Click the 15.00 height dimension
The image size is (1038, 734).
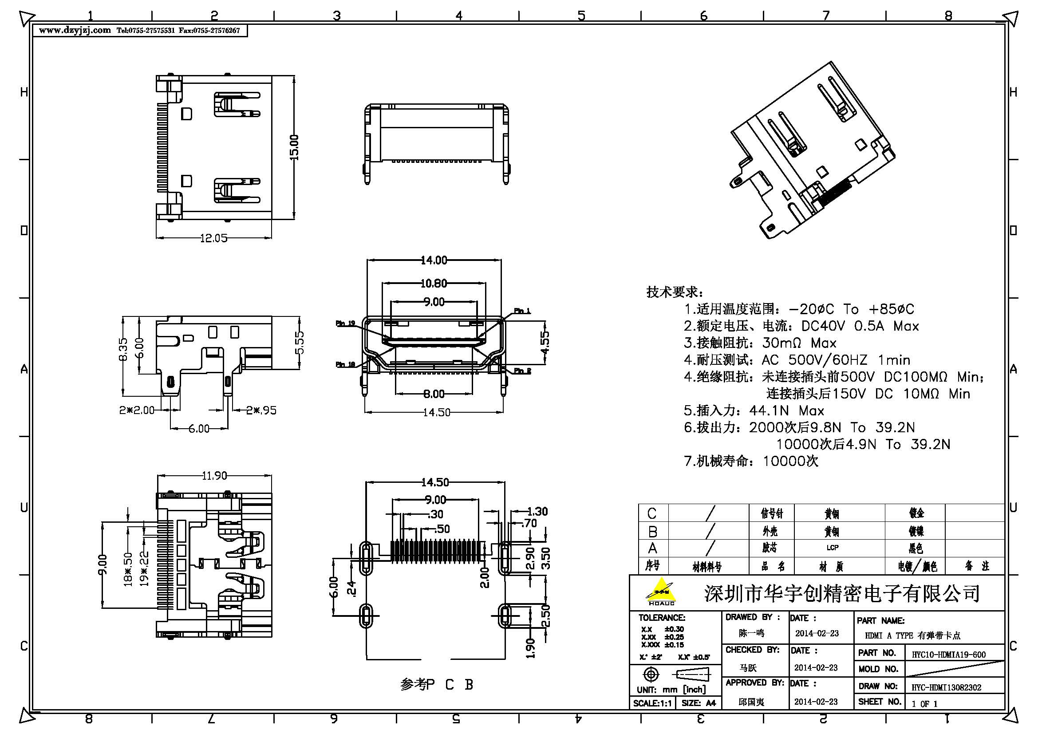click(294, 147)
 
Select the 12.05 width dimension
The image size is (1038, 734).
click(213, 238)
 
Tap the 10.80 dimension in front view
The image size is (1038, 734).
click(434, 284)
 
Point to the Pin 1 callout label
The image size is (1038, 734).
click(522, 311)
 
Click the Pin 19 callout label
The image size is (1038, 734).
click(345, 323)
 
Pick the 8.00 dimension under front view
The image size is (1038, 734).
click(434, 394)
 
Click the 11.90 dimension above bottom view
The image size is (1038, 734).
click(214, 475)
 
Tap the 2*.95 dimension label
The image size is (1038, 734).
click(261, 410)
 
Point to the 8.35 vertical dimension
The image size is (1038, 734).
click(123, 349)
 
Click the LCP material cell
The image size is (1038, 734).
click(832, 547)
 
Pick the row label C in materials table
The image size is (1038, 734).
click(651, 513)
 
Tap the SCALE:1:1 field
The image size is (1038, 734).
click(651, 703)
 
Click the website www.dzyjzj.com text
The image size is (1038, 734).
click(75, 30)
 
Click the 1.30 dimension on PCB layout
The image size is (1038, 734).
click(537, 511)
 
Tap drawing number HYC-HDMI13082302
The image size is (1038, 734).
click(946, 687)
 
